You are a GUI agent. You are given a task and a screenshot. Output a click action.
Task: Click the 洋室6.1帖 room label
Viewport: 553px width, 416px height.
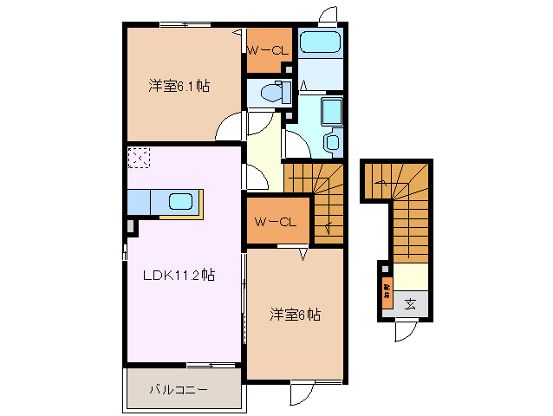click(179, 86)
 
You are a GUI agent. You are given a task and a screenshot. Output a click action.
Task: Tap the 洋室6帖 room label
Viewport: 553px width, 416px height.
click(295, 315)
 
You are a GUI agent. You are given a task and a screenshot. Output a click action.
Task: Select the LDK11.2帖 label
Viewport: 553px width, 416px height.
click(179, 276)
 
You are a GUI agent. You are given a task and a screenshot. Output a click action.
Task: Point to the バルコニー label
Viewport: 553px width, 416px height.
click(178, 390)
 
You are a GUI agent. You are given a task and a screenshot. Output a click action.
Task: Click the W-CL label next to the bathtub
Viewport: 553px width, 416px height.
click(267, 50)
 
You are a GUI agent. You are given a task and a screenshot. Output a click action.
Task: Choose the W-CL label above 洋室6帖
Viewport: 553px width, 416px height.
click(276, 222)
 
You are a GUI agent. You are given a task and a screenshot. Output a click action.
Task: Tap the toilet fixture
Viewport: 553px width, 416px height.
click(272, 92)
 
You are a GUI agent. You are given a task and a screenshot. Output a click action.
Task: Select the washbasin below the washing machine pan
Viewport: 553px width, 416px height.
click(332, 141)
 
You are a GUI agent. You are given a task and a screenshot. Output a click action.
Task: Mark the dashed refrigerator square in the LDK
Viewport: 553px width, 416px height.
click(139, 158)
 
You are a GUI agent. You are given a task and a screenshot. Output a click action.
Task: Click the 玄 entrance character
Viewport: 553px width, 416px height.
click(410, 304)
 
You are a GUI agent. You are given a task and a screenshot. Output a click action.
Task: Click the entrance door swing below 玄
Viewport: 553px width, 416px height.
click(406, 332)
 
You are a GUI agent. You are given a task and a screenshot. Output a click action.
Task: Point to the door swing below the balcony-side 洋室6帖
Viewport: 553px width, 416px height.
click(300, 394)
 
